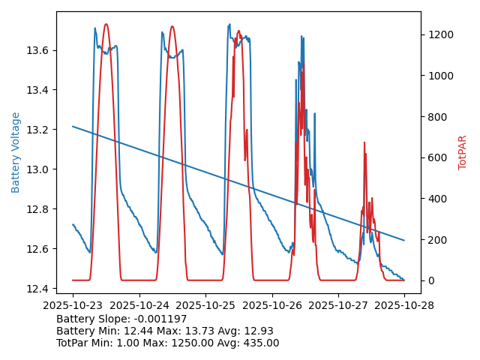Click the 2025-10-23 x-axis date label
click(73, 306)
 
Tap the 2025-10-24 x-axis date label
click(139, 306)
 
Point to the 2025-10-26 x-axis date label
click(271, 306)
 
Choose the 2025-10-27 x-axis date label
click(338, 306)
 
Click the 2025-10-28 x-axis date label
click(404, 306)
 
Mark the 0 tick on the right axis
click(430, 280)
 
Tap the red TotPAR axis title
click(462, 152)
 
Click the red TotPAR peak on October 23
click(106, 25)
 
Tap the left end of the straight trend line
click(73, 126)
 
